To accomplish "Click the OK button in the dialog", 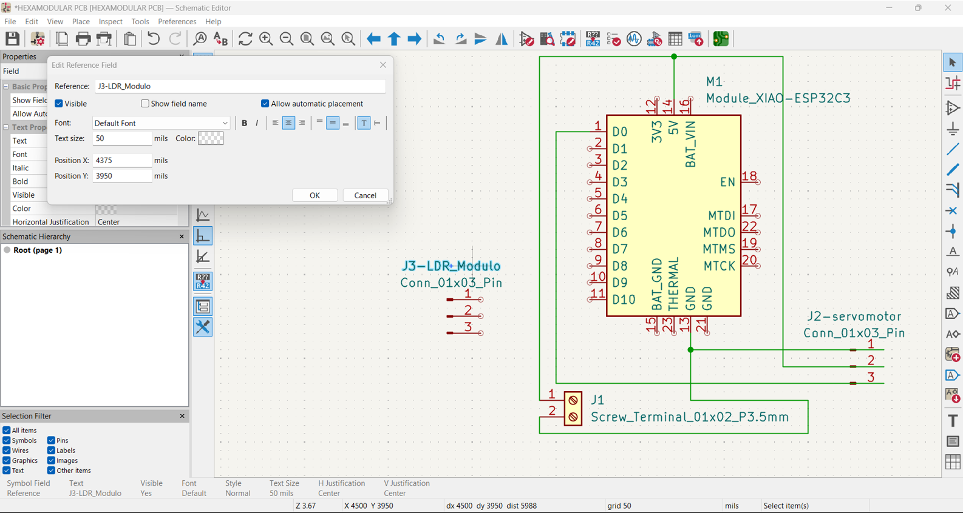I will click(x=315, y=195).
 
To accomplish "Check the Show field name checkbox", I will click(x=145, y=104).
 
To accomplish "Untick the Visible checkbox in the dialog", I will click(x=59, y=104).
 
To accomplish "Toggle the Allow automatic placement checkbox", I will click(x=265, y=104).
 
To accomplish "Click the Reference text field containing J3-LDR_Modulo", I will click(x=239, y=86).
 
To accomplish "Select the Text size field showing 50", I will click(x=121, y=138).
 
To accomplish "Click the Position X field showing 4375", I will click(x=121, y=160).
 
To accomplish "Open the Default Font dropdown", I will click(x=161, y=123).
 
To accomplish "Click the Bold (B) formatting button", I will click(x=244, y=123).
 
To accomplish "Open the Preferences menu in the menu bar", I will click(x=177, y=21).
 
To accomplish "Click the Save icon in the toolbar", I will click(x=12, y=39).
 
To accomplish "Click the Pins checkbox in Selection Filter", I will click(x=52, y=441).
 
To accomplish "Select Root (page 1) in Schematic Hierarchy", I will click(x=38, y=250).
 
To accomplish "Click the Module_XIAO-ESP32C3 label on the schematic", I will click(x=778, y=98).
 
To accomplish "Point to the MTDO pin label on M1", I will click(x=719, y=232).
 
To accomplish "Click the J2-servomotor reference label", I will click(x=854, y=317).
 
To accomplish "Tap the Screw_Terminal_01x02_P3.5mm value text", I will click(x=690, y=417).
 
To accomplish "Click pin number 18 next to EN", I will click(x=749, y=176).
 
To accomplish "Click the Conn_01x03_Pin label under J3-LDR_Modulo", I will click(x=451, y=283).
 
